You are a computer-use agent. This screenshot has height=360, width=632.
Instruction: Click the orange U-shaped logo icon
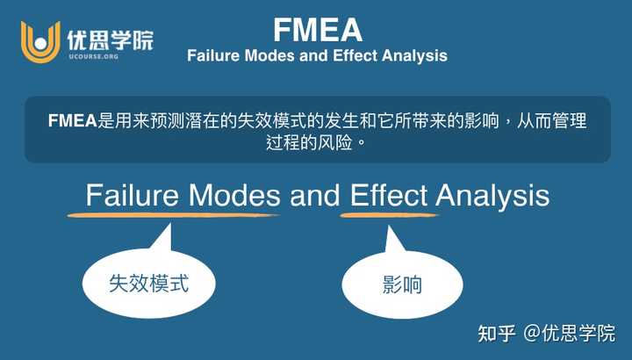point(40,40)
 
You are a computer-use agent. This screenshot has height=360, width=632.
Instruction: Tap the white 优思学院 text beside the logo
point(110,38)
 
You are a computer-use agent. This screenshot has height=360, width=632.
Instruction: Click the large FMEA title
point(317,30)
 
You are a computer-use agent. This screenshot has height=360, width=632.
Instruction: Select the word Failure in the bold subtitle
point(213,55)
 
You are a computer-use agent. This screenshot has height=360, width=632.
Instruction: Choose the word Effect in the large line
point(388,194)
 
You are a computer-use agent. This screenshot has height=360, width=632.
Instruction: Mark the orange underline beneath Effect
point(389,214)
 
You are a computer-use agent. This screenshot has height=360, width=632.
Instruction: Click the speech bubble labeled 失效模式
point(148,282)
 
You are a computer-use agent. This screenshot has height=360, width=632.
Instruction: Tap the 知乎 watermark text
point(495,333)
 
